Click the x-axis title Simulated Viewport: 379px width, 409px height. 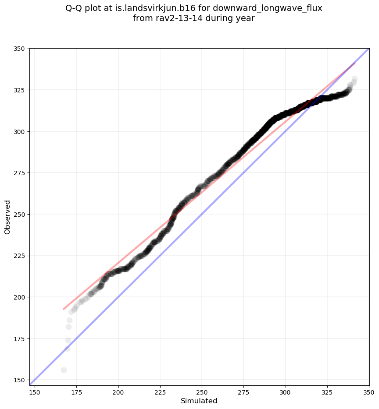[x=199, y=401]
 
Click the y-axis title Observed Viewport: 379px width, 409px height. [x=8, y=217]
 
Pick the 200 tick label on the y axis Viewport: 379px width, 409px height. [x=20, y=297]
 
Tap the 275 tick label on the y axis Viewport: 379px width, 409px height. [x=20, y=173]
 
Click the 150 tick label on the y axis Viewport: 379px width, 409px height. [x=20, y=380]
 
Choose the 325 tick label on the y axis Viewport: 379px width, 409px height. [x=20, y=90]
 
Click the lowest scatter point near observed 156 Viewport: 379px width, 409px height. [x=64, y=370]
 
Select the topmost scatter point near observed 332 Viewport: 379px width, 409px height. [x=354, y=79]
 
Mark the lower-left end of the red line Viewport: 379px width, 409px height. [x=64, y=309]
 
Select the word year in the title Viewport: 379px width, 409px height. [x=246, y=18]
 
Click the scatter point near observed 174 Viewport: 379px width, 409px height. [x=68, y=340]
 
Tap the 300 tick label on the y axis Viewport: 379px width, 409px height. [x=20, y=131]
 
